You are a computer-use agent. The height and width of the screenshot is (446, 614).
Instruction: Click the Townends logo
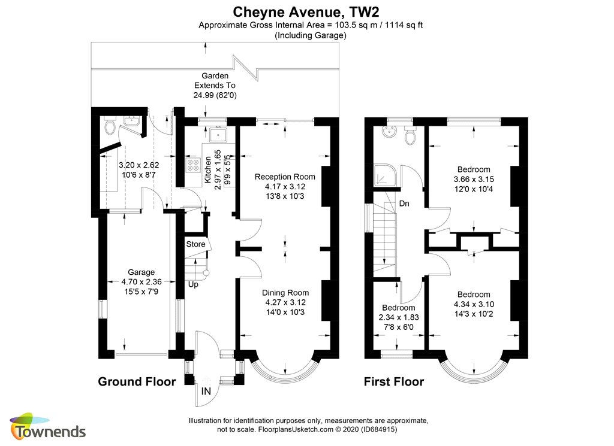coord(48,426)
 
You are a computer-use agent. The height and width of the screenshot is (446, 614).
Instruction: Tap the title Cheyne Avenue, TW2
coord(306,12)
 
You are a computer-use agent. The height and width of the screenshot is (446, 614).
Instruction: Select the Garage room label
coord(141,272)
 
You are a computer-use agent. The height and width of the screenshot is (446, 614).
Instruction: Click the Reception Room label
coord(285,177)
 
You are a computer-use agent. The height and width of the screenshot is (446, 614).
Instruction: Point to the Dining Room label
coord(285,293)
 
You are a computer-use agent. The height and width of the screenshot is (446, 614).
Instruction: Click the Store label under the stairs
coord(195,244)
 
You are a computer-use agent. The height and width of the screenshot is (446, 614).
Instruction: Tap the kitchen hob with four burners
coord(192,165)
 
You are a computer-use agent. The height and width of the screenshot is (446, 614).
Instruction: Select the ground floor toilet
coord(110,126)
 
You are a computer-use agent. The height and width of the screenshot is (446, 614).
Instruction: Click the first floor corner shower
coord(385,175)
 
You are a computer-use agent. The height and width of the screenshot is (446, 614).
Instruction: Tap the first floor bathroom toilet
coord(410,135)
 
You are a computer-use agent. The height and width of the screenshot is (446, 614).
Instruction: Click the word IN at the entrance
coord(206,391)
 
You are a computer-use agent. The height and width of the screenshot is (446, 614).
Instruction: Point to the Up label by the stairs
coord(193,284)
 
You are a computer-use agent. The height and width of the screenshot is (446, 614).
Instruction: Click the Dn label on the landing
coord(404,204)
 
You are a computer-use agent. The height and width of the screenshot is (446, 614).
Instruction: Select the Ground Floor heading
coord(137,381)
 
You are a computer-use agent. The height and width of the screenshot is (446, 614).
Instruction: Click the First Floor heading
coord(394,381)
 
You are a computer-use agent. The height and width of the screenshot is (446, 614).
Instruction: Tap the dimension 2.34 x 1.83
coord(399,317)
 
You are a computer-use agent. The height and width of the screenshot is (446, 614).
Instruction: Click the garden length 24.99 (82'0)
coord(215,95)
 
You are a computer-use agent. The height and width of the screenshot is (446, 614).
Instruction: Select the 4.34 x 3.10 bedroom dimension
coord(474,304)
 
